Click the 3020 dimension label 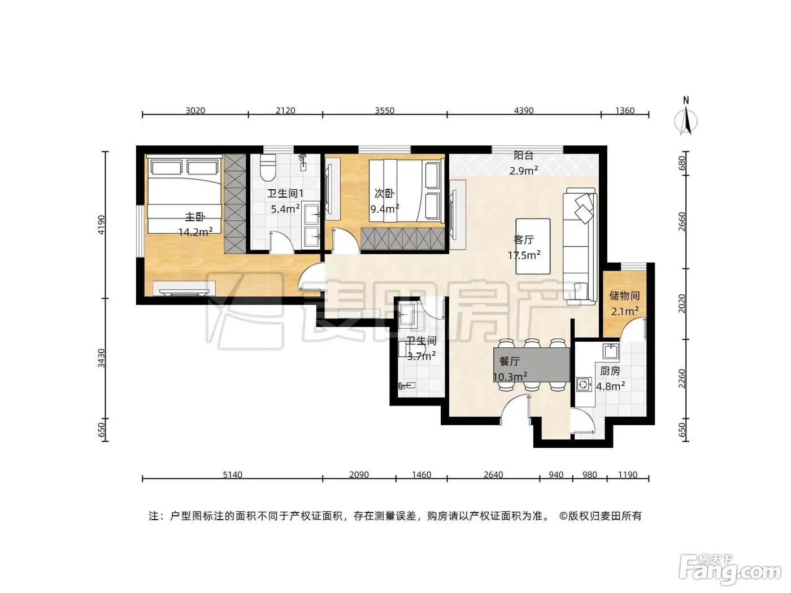point(195,110)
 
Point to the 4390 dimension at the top point(524,110)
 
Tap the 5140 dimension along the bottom point(232,474)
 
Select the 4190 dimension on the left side point(102,225)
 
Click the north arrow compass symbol point(686,116)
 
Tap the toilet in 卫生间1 point(268,167)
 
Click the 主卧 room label point(195,217)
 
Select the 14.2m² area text point(195,232)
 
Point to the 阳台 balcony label point(524,155)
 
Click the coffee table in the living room point(533,246)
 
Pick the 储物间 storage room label point(624,295)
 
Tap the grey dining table point(532,365)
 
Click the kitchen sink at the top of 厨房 point(610,351)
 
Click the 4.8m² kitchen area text point(610,386)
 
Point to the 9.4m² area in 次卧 point(385,208)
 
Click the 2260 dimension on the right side point(681,379)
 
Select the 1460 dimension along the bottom point(421,474)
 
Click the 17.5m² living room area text point(524,255)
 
